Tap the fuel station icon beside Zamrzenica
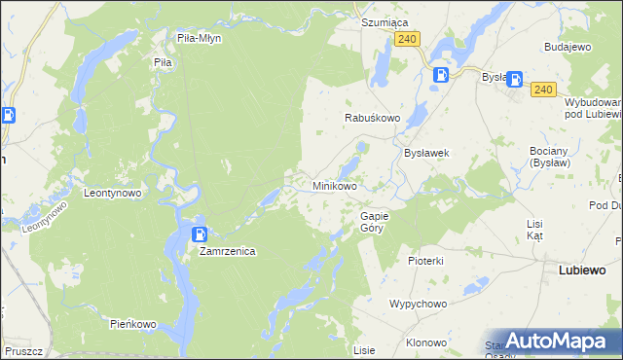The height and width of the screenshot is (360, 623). (200, 234)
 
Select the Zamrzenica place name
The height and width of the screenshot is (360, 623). (227, 251)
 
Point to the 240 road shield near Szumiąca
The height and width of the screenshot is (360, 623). (408, 38)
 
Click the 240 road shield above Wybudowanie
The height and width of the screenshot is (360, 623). (543, 90)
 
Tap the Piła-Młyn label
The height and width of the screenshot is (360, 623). (200, 38)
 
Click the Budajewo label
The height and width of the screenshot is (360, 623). (568, 47)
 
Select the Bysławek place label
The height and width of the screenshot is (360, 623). (425, 153)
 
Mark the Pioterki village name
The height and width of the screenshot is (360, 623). (425, 261)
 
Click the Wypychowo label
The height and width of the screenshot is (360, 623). (418, 304)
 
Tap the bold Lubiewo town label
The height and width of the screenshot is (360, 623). (582, 270)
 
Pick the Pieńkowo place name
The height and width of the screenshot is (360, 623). (132, 323)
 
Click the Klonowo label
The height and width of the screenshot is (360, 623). (425, 342)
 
